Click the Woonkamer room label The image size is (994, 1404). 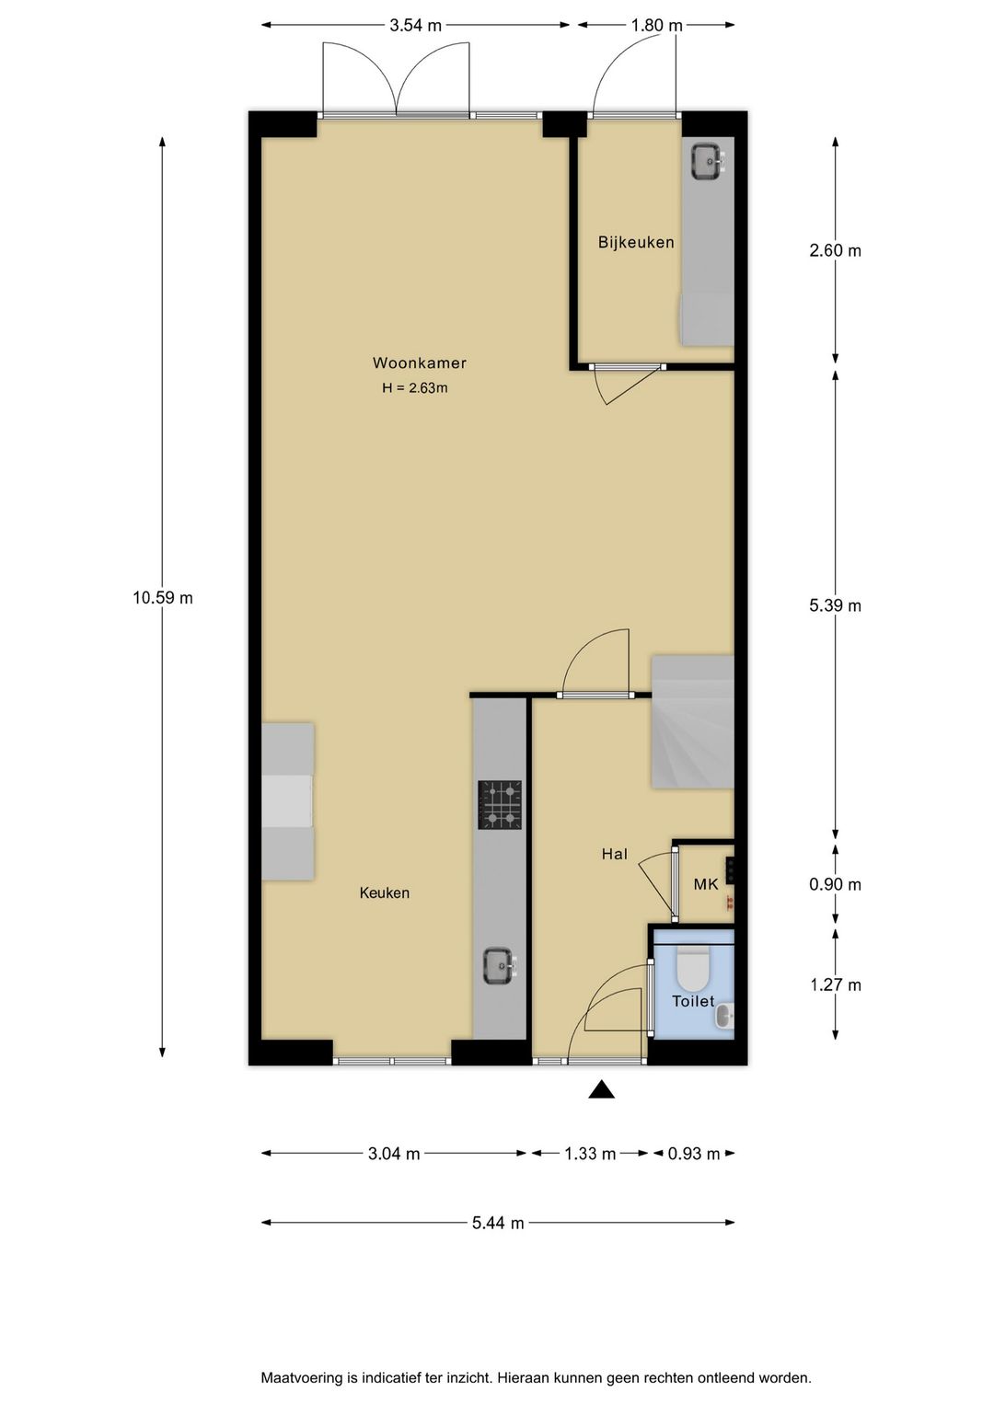point(419,363)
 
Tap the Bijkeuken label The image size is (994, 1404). point(636,243)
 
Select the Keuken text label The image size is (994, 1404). point(385,893)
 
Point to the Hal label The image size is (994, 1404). point(615,854)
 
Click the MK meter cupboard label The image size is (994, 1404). point(706,884)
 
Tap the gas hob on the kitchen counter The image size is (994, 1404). point(500,805)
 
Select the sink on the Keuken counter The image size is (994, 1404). point(500,965)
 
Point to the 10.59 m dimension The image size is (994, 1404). point(162,598)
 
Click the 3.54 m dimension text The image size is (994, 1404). point(416,25)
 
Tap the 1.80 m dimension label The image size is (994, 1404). point(656,25)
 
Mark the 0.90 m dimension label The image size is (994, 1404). point(836,884)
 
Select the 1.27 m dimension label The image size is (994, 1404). point(836,984)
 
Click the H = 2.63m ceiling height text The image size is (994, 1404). point(415,388)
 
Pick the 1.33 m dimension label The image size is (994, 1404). point(590,1154)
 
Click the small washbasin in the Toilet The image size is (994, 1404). point(725,1016)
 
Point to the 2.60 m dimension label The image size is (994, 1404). point(836,250)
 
